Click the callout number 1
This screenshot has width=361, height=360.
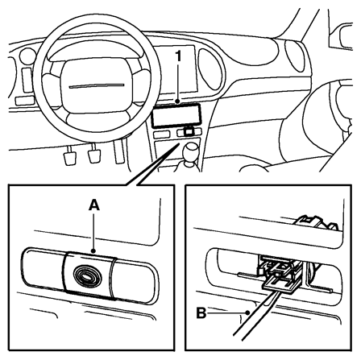tap(178, 57)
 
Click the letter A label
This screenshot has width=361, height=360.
tap(94, 205)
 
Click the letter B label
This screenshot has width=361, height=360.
tap(201, 313)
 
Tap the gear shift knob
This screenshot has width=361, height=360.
tap(191, 150)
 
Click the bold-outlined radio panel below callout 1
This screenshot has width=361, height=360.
tap(176, 115)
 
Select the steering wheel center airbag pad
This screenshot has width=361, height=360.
tap(97, 85)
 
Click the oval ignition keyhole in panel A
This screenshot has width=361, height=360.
tap(87, 276)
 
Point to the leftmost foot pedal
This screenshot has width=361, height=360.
tap(70, 156)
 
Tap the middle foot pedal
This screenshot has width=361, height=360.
tap(94, 154)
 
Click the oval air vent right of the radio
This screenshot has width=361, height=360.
tap(211, 69)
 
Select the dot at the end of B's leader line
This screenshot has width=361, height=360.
tap(247, 312)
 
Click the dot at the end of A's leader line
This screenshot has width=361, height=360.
tap(93, 251)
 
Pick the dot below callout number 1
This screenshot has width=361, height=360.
tap(177, 101)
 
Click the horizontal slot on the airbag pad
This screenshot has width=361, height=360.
tap(97, 86)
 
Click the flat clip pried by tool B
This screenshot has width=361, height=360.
tap(279, 284)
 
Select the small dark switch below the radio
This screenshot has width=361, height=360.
tap(189, 131)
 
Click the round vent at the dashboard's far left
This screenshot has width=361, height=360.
tap(27, 57)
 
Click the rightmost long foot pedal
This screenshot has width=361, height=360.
tap(119, 151)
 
